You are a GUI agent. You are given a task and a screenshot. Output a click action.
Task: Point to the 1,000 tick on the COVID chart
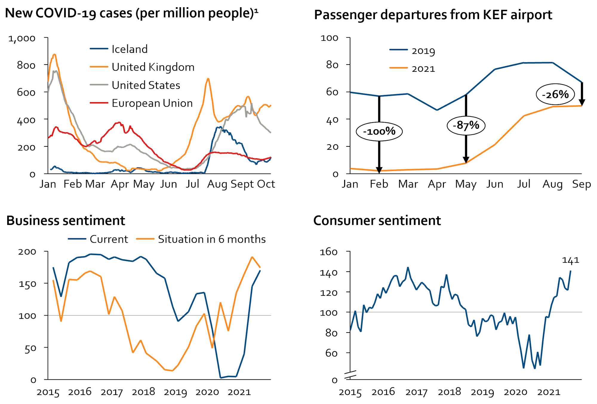coord(22,39)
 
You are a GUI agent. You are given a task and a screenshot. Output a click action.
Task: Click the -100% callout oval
coord(379,131)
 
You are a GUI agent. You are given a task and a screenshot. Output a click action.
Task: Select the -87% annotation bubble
coord(466,125)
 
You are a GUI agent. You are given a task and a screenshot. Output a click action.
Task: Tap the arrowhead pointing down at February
coord(379,170)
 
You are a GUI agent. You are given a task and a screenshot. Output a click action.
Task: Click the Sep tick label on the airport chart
coord(581,184)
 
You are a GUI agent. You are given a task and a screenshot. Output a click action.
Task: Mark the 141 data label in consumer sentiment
coord(570,261)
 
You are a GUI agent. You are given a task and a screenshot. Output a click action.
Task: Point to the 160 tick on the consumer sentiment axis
coord(329,252)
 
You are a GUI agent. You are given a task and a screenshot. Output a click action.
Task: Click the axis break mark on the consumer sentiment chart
coord(350,375)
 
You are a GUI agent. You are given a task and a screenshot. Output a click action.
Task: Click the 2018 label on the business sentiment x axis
coord(143,392)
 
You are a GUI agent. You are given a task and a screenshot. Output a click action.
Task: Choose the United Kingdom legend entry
coord(153,67)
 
